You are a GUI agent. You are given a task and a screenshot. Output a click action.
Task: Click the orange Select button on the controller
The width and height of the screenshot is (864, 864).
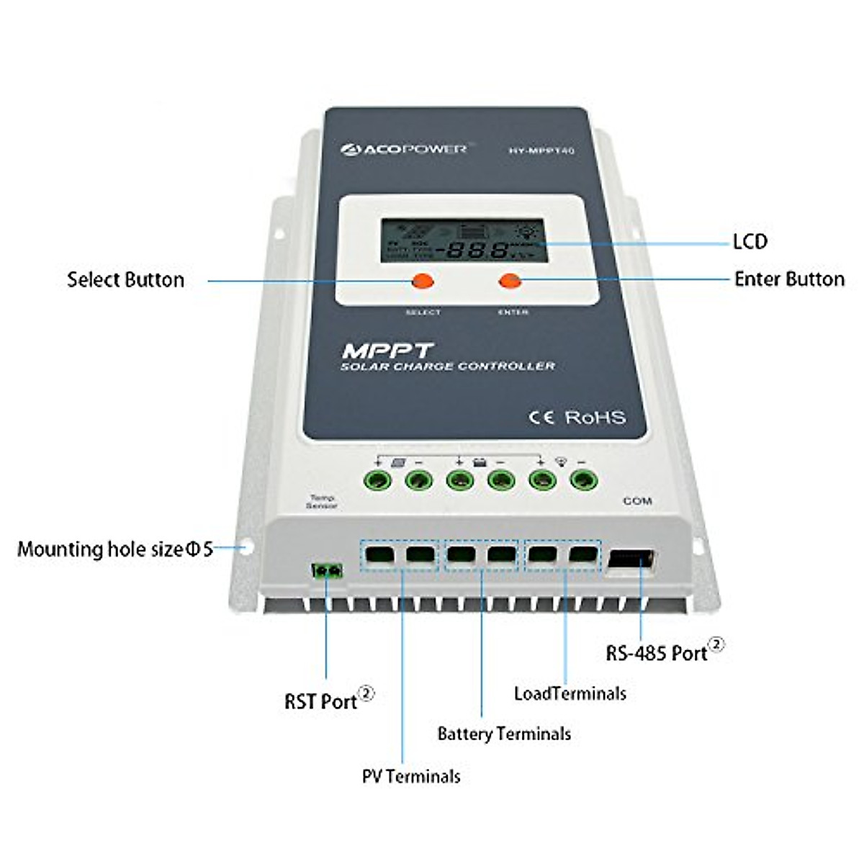coord(422,281)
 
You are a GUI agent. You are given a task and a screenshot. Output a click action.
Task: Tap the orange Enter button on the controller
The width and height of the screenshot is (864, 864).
coord(510,281)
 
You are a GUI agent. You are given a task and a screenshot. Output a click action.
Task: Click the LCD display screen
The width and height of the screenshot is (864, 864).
coord(463,240)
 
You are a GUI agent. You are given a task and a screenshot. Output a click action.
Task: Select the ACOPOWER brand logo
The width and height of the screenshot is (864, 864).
coord(404,149)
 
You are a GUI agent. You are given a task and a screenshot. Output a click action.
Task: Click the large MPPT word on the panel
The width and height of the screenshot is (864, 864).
coord(387,351)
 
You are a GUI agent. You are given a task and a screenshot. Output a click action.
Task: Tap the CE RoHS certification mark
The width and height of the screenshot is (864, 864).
coord(577,417)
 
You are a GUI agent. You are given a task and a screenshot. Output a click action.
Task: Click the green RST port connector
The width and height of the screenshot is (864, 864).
coord(326,572)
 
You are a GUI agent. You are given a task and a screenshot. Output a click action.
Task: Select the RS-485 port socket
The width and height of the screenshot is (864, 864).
coord(631,561)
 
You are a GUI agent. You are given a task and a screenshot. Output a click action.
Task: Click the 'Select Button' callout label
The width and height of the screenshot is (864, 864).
coord(125,279)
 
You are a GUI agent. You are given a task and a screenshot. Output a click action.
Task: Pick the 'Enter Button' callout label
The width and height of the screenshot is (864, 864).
coord(789,279)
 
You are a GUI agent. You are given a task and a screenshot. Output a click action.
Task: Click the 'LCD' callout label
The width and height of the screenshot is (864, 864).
coord(750,242)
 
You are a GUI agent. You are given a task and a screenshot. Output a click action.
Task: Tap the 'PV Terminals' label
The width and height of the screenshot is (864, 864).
coord(411,776)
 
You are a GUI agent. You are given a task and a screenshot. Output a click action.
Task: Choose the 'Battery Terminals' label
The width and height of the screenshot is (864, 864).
coord(504,734)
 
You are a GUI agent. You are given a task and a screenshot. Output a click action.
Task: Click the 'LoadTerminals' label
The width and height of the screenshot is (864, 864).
coord(570,693)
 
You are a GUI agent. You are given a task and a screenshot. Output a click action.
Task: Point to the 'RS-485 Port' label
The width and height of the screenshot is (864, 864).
coord(657,652)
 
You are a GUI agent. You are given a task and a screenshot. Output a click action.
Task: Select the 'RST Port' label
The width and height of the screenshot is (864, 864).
coord(321,701)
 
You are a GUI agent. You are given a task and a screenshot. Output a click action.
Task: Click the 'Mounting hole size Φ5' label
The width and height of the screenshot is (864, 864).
coord(115,549)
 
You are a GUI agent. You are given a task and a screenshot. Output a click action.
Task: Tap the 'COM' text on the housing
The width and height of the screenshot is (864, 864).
coord(637,500)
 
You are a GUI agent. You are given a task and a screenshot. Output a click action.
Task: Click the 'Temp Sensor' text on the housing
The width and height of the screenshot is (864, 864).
coord(321,502)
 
